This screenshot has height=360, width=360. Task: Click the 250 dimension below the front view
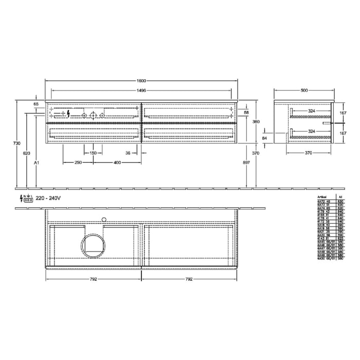coord(78,163)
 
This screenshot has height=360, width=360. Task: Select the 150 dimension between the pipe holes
coord(93,153)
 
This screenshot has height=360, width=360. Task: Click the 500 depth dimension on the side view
coord(304,91)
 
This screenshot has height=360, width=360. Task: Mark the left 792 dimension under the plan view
coord(93,279)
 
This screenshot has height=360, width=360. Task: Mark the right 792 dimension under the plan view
coord(189,279)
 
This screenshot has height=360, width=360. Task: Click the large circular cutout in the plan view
coord(95,245)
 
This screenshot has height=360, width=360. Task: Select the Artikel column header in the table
coord(322,197)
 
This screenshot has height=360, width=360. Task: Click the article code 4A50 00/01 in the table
coord(325,259)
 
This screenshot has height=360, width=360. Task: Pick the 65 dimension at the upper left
coord(35,104)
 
